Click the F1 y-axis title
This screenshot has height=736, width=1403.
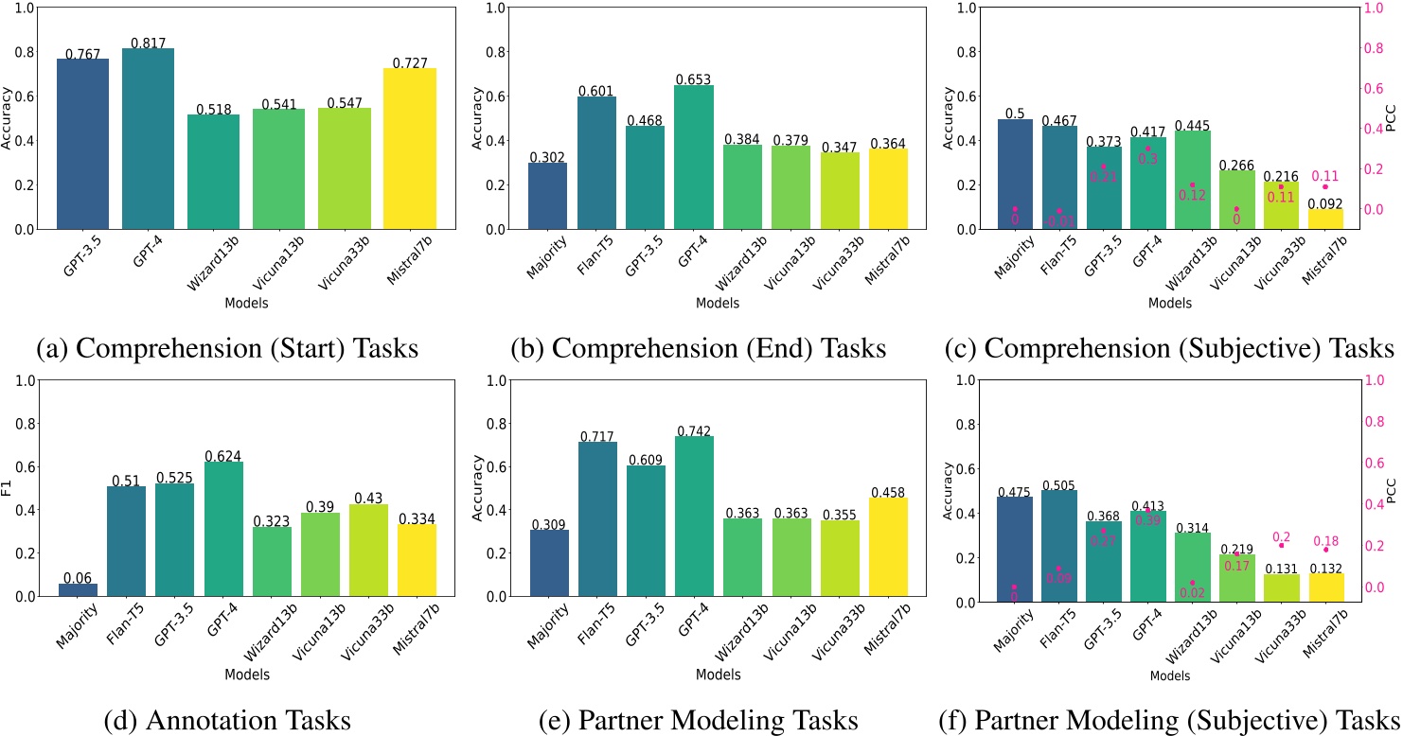[8, 488]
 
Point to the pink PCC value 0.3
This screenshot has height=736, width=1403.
[1146, 160]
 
